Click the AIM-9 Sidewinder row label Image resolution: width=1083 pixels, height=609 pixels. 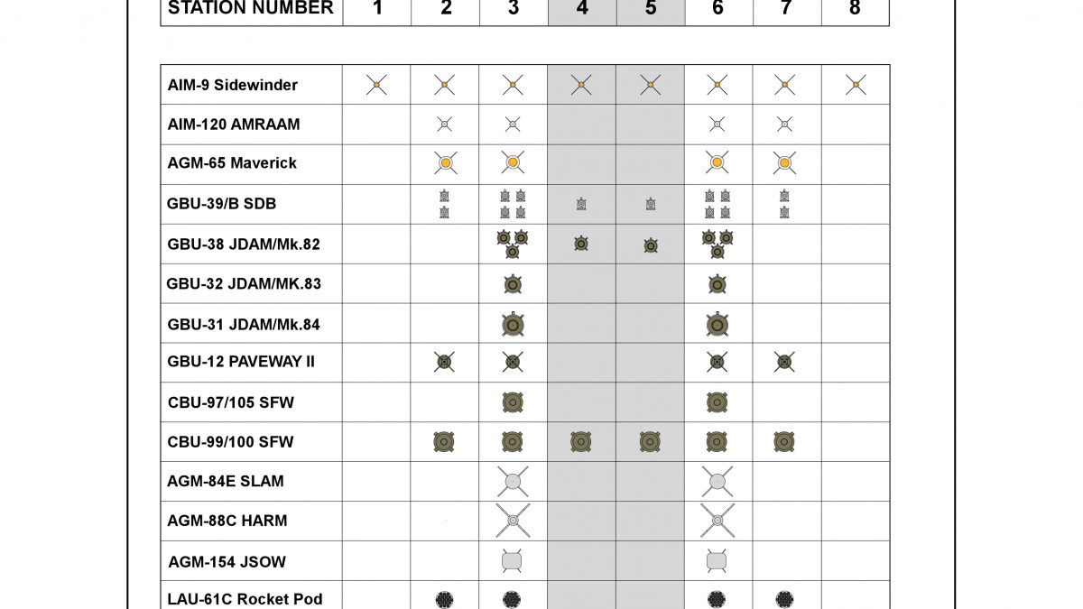click(x=232, y=85)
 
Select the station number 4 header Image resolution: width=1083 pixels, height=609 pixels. click(x=582, y=9)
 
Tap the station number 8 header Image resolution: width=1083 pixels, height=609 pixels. click(x=855, y=9)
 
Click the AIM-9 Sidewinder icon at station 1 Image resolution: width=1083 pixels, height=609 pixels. click(x=377, y=85)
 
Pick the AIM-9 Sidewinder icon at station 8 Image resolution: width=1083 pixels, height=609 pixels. click(x=855, y=85)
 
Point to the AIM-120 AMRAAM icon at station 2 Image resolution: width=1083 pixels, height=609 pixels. click(x=444, y=125)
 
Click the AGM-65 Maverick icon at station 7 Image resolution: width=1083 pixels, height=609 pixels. click(x=784, y=163)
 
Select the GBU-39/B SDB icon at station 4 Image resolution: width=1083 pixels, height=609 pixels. click(x=581, y=205)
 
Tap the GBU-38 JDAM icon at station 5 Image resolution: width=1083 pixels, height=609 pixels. click(x=650, y=245)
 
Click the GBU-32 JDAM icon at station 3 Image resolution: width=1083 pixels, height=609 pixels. click(x=513, y=284)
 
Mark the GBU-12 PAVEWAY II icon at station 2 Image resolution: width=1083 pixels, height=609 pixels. click(x=444, y=363)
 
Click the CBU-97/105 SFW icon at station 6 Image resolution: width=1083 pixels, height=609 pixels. click(x=717, y=402)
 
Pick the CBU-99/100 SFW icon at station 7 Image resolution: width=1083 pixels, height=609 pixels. click(x=784, y=442)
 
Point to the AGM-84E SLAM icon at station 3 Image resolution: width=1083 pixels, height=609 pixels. click(x=513, y=482)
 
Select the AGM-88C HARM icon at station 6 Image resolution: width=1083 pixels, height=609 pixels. click(x=717, y=521)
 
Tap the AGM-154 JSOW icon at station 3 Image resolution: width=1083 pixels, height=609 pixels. click(x=513, y=560)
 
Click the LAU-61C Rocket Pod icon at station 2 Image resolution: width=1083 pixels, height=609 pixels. click(x=444, y=599)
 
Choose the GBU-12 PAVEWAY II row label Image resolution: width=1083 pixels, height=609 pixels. click(x=241, y=363)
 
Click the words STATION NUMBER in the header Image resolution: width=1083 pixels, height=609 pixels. click(x=251, y=9)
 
